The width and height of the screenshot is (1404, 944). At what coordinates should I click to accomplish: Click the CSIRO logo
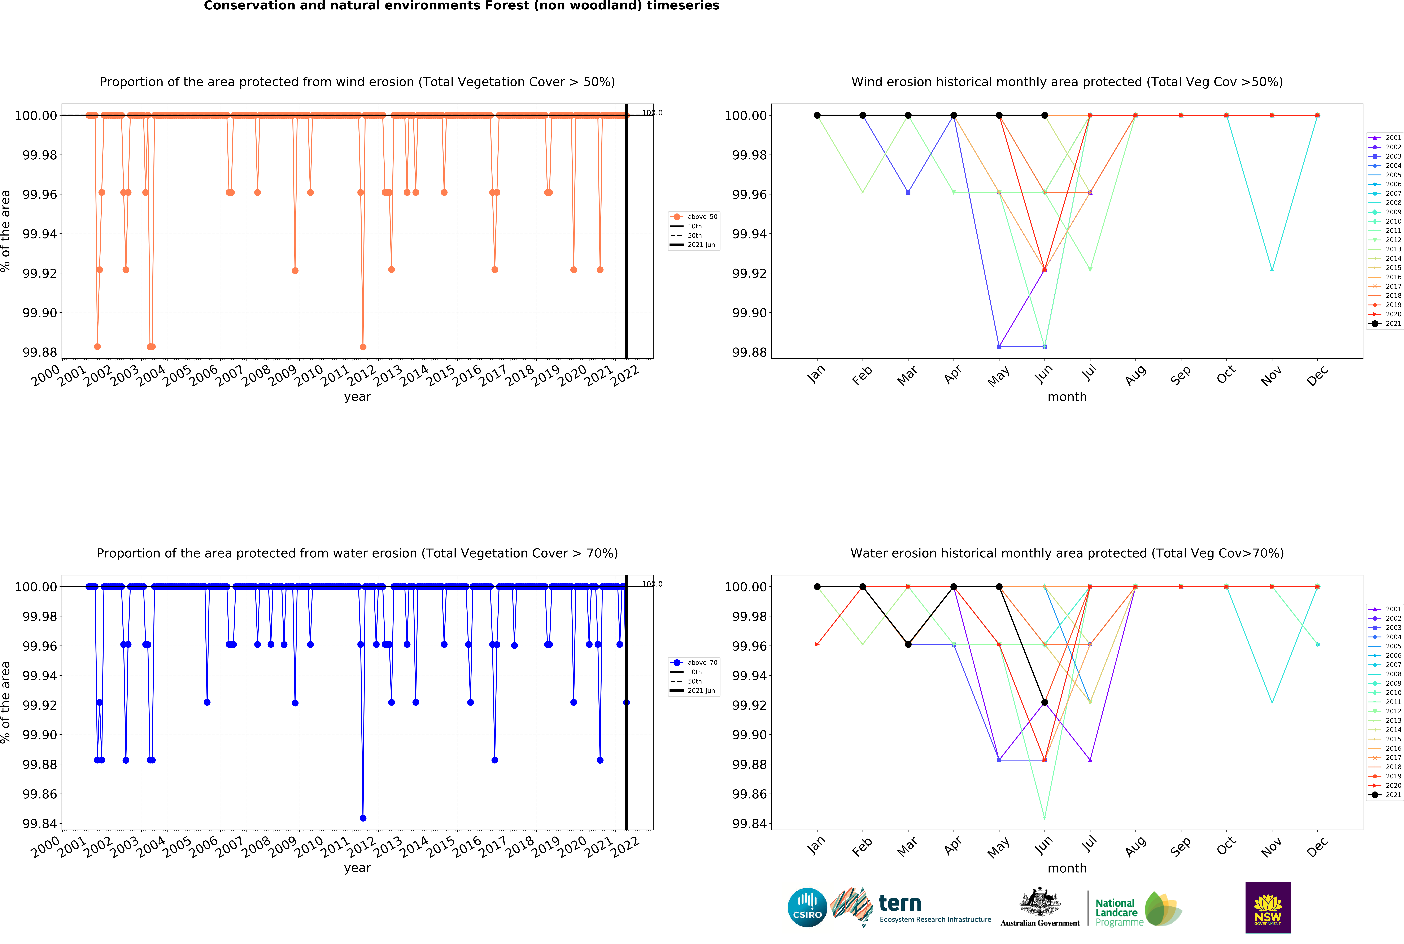tap(807, 907)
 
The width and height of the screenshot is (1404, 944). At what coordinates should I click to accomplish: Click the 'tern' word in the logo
tap(900, 903)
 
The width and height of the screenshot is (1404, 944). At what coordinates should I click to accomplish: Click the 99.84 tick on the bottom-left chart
tap(40, 824)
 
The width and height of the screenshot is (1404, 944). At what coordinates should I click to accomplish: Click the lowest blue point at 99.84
tap(363, 818)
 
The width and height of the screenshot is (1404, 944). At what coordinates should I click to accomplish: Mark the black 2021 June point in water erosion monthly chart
tap(1045, 703)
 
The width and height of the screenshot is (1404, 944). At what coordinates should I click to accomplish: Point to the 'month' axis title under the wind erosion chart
tap(1067, 397)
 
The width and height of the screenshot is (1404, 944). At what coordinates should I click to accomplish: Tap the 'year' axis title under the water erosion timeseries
tap(357, 868)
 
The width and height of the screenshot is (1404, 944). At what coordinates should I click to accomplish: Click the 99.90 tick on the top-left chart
tap(40, 313)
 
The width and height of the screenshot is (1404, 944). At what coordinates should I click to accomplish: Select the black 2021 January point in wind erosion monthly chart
tap(817, 116)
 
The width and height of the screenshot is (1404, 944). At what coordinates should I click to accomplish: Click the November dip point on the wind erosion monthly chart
tap(1272, 270)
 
